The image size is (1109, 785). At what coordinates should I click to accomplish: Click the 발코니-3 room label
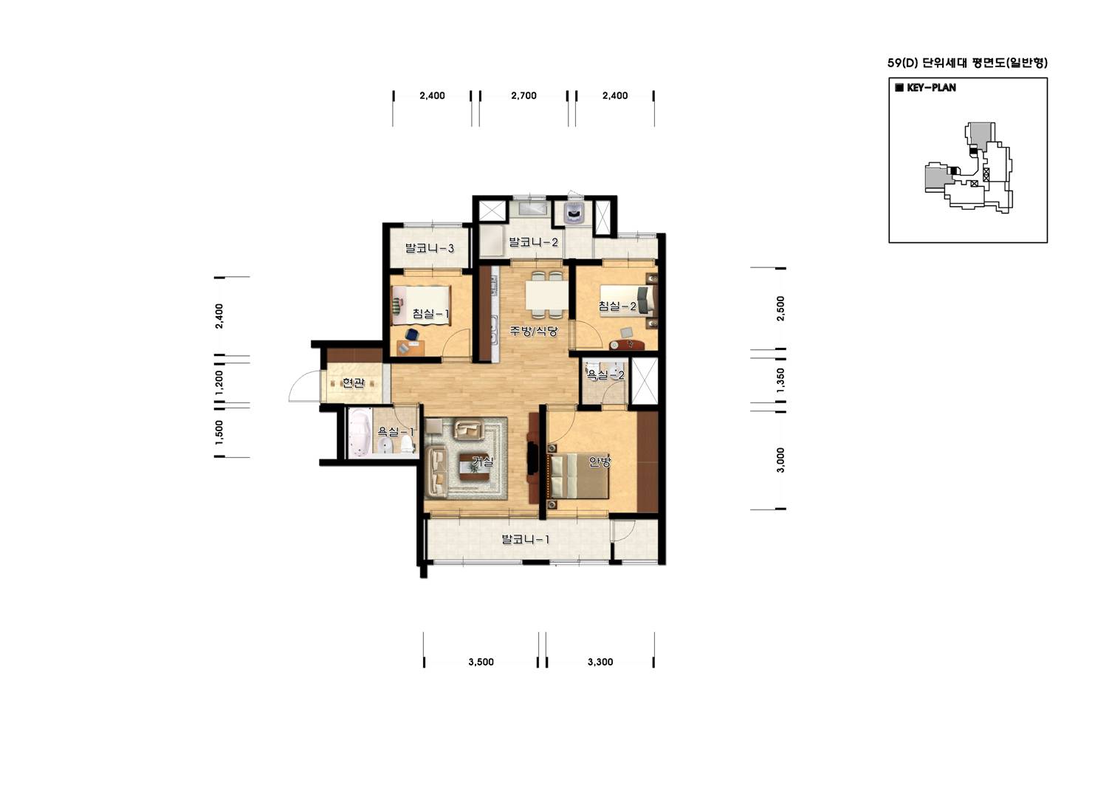pyautogui.click(x=429, y=247)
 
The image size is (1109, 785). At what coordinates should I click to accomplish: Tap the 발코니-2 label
pyautogui.click(x=534, y=242)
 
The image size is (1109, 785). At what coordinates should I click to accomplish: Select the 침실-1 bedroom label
pyautogui.click(x=430, y=314)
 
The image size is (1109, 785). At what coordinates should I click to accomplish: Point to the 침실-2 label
pyautogui.click(x=617, y=306)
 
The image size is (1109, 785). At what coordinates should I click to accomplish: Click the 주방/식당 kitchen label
pyautogui.click(x=534, y=331)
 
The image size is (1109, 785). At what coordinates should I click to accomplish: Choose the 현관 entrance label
pyautogui.click(x=354, y=383)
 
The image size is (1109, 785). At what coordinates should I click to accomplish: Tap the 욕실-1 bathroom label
pyautogui.click(x=396, y=431)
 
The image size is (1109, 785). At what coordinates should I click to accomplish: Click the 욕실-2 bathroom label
pyautogui.click(x=606, y=375)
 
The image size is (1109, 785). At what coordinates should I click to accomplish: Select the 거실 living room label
pyautogui.click(x=483, y=462)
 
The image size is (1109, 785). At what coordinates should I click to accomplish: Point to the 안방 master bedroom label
pyautogui.click(x=600, y=462)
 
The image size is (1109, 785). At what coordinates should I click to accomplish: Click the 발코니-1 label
pyautogui.click(x=525, y=539)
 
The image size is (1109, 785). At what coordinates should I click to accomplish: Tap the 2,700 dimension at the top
pyautogui.click(x=523, y=95)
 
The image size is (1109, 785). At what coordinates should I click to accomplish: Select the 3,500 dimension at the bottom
pyautogui.click(x=481, y=662)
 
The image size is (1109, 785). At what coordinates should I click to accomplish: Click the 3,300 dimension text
pyautogui.click(x=600, y=662)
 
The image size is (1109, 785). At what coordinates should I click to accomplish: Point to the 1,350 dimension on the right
pyautogui.click(x=780, y=380)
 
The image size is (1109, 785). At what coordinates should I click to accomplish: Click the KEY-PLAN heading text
pyautogui.click(x=931, y=88)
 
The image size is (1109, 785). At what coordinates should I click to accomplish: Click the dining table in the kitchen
pyautogui.click(x=546, y=295)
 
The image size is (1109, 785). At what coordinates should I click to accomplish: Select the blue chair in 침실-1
pyautogui.click(x=411, y=335)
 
